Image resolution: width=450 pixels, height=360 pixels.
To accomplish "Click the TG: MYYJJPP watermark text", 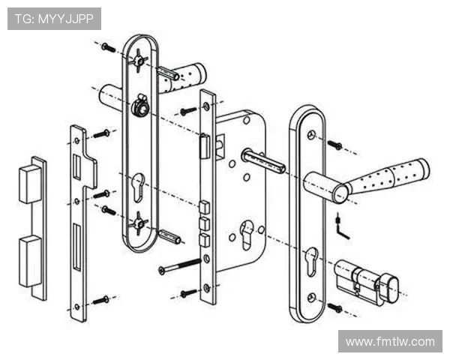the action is (54, 19).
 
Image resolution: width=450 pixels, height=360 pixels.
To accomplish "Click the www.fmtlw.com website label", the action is (390, 342).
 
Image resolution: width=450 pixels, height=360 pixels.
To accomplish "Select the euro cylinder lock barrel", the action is (367, 282).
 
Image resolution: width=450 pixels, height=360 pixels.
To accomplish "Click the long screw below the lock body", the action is (180, 265).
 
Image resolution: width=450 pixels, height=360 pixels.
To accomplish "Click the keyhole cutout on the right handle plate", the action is (312, 261).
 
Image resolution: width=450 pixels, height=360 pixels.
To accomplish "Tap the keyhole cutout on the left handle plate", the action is (139, 187).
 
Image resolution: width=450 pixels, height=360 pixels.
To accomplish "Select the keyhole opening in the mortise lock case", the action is (247, 235).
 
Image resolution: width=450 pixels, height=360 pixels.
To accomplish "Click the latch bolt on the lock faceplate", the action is (205, 146).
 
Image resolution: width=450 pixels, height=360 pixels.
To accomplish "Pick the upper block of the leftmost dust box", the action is (30, 184).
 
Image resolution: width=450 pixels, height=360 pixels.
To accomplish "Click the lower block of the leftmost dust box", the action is (30, 261).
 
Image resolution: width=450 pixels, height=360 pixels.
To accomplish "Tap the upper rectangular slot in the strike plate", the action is (77, 167).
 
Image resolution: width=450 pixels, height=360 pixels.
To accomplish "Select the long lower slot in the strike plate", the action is (77, 247).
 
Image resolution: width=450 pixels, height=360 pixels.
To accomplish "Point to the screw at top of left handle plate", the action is (108, 47).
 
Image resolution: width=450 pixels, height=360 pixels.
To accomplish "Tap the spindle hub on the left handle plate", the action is (140, 106).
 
